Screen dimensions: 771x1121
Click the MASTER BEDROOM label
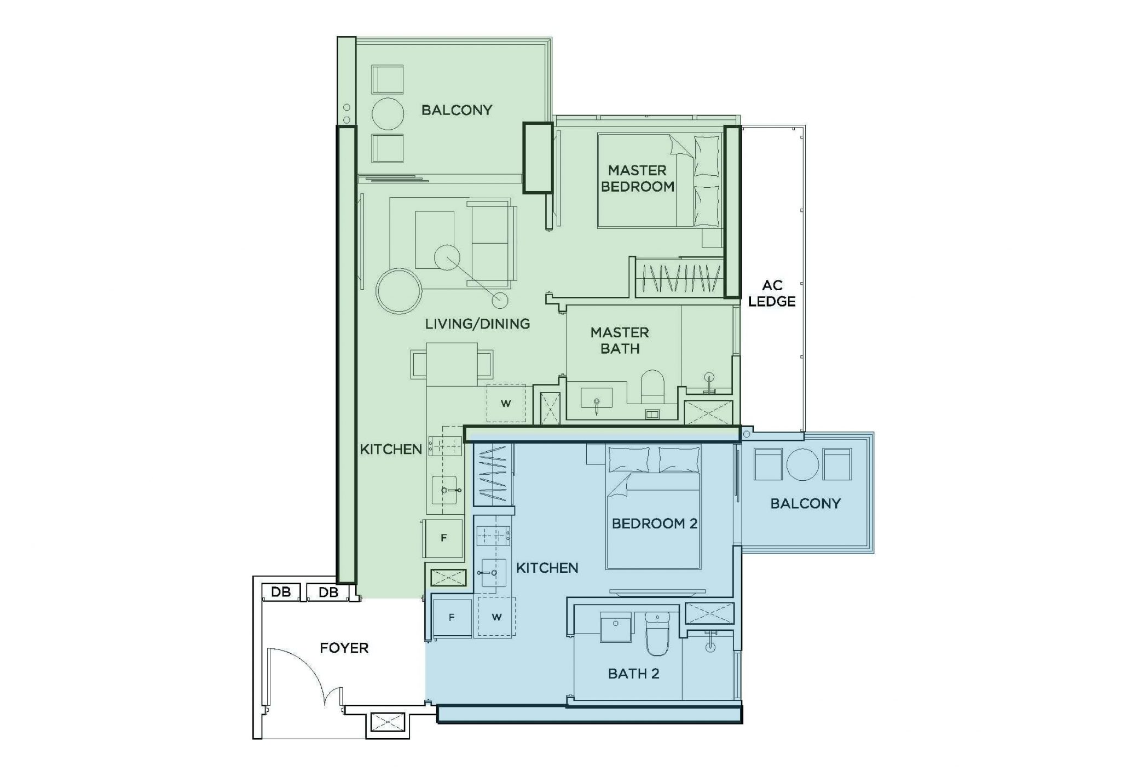click(637, 179)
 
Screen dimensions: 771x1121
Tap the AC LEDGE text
click(772, 294)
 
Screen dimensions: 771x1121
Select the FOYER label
click(344, 648)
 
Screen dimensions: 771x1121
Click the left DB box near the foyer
click(281, 592)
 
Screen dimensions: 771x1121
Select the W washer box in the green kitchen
click(506, 404)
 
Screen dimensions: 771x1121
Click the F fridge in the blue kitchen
click(452, 618)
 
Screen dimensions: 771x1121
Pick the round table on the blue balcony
click(802, 464)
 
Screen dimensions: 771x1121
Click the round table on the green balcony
click(388, 114)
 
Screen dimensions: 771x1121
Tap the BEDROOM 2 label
click(654, 523)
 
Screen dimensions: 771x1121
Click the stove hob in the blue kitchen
click(493, 535)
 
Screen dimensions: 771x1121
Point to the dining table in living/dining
click(452, 364)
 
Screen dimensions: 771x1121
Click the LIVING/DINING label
click(477, 324)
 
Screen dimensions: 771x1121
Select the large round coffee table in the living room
click(398, 291)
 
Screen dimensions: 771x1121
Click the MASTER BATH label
click(620, 340)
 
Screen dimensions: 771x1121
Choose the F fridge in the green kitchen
click(443, 538)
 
